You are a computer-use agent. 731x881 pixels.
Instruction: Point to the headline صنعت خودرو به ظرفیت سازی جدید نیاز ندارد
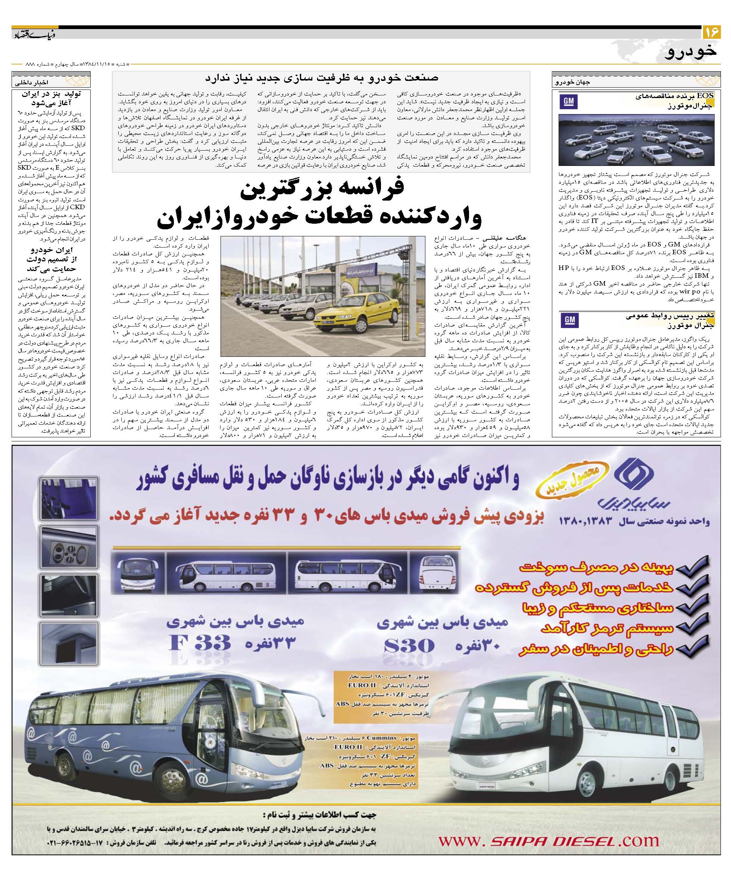(x=322, y=78)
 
